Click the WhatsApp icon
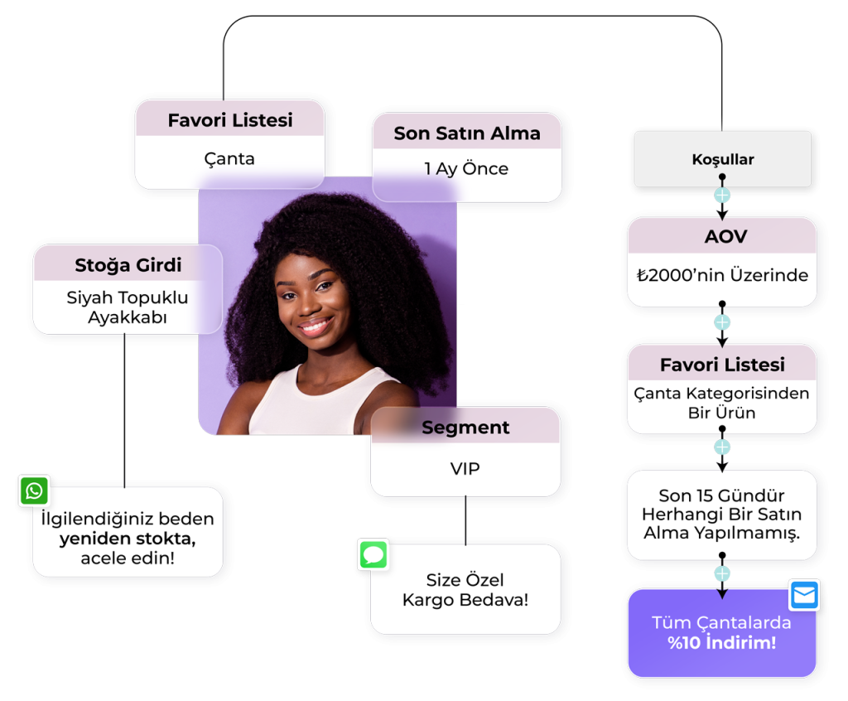[34, 491]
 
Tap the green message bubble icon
[373, 554]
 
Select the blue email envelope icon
[804, 595]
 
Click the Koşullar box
[722, 159]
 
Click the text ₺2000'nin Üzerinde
[723, 276]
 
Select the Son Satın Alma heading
[467, 133]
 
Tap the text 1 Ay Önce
[466, 169]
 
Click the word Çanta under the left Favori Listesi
[229, 159]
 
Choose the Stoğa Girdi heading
[128, 266]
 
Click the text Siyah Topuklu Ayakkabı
[128, 307]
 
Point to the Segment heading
[465, 428]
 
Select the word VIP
[465, 469]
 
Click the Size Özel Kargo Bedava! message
[465, 589]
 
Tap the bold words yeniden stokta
[128, 539]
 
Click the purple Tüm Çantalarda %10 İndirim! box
[721, 633]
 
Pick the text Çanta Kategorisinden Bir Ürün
[721, 403]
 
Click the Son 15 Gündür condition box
[721, 515]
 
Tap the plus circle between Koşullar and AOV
[722, 196]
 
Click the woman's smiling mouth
[316, 325]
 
